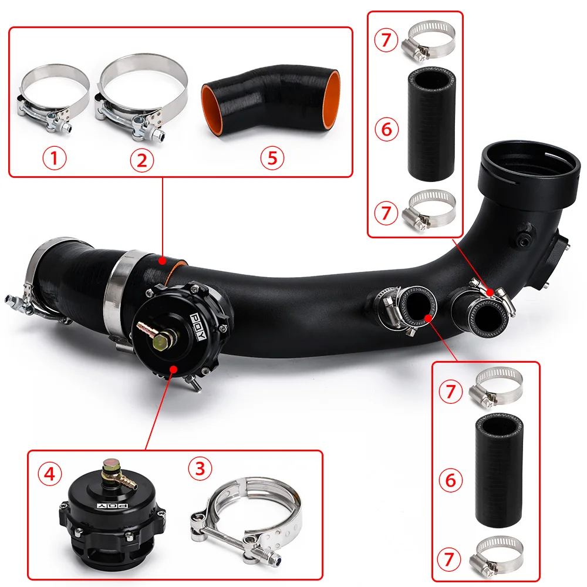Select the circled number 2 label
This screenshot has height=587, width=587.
142,160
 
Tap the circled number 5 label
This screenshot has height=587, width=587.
272,157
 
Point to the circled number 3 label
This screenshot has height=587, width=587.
200,468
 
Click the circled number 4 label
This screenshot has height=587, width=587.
49,474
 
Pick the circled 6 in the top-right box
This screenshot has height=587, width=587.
386,129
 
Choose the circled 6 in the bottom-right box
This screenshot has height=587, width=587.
450,480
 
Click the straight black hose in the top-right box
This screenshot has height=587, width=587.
431,124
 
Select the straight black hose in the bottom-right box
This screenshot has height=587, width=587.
499,470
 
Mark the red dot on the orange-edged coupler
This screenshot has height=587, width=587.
162,260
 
